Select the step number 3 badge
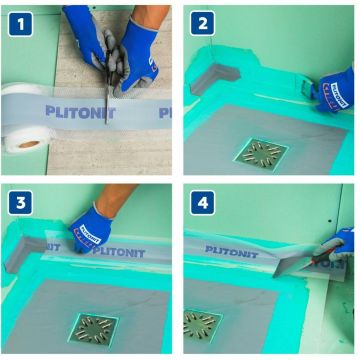coord(18,200)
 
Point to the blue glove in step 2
coord(335,91)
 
